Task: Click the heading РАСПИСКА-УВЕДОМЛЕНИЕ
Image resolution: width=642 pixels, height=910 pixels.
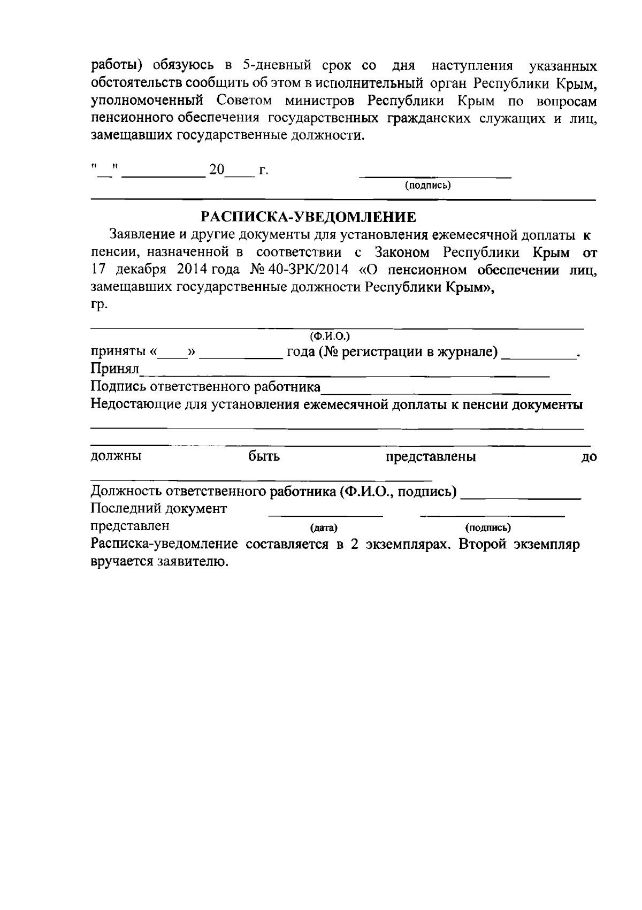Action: coord(308,217)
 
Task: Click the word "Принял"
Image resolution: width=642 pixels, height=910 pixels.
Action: coord(114,369)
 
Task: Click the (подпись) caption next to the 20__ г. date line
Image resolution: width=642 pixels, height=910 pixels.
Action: coord(428,186)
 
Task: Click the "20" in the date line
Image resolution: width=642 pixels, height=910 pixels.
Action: coord(217,170)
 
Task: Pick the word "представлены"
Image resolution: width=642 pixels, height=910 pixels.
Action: coord(431,457)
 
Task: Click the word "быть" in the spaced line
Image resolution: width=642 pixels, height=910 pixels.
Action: coord(264,457)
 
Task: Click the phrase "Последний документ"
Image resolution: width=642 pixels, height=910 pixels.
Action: coord(159,508)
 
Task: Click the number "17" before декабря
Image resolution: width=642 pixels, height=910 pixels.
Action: coord(98,269)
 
